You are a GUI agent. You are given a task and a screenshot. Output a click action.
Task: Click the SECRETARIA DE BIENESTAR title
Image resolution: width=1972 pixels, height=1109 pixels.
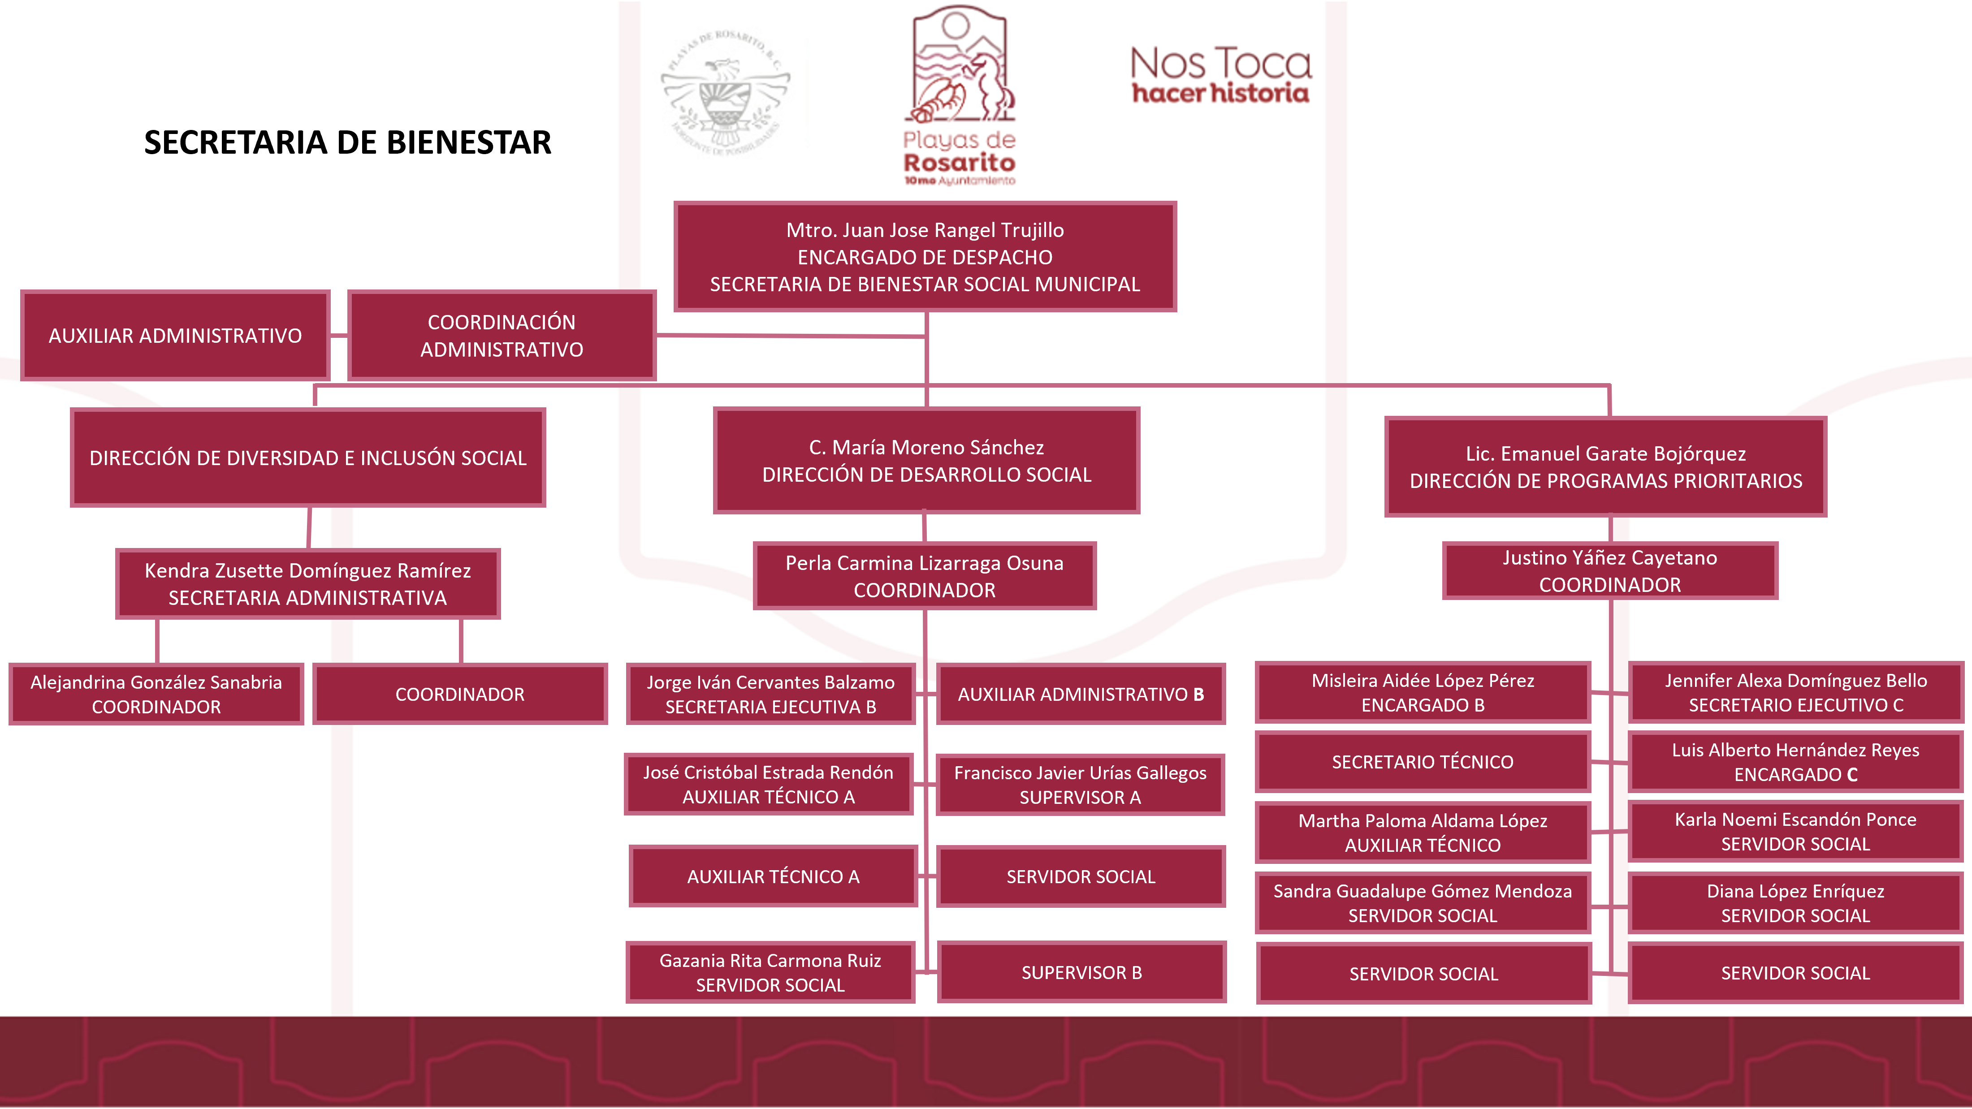click(347, 143)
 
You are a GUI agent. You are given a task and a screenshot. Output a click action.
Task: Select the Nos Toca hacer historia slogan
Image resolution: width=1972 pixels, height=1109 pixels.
click(1220, 75)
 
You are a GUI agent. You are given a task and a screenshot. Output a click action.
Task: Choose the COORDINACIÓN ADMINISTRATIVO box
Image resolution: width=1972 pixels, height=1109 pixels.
click(502, 335)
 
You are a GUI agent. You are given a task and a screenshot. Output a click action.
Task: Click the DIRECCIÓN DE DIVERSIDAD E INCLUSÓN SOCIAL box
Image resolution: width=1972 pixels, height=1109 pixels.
click(308, 457)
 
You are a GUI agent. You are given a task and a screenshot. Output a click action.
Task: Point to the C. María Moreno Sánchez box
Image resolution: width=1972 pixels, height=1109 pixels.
click(926, 461)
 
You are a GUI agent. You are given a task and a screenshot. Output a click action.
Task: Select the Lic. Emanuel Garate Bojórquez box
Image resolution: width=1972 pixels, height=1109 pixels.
click(1605, 467)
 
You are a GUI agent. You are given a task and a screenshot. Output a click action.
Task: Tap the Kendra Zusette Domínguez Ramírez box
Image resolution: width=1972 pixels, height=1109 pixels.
click(308, 584)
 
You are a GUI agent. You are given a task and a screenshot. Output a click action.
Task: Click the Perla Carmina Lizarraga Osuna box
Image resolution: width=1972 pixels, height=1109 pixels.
click(925, 576)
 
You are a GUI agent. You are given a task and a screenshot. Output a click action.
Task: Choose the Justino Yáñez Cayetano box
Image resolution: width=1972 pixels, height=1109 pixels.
click(1610, 571)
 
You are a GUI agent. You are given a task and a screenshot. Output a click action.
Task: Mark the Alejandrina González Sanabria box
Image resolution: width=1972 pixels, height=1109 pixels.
click(156, 694)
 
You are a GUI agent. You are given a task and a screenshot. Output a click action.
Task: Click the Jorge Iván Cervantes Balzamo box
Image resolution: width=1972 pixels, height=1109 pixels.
click(770, 694)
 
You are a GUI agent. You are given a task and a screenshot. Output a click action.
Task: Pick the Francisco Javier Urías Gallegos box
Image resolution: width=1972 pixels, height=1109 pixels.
click(1080, 785)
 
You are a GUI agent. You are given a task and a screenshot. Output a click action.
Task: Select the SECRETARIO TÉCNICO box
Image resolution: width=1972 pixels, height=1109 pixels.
click(1423, 762)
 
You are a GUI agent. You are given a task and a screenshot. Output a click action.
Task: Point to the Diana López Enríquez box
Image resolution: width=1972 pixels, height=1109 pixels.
click(1795, 903)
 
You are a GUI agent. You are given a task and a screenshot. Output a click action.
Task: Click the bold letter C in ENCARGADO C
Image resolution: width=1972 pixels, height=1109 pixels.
click(1852, 775)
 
